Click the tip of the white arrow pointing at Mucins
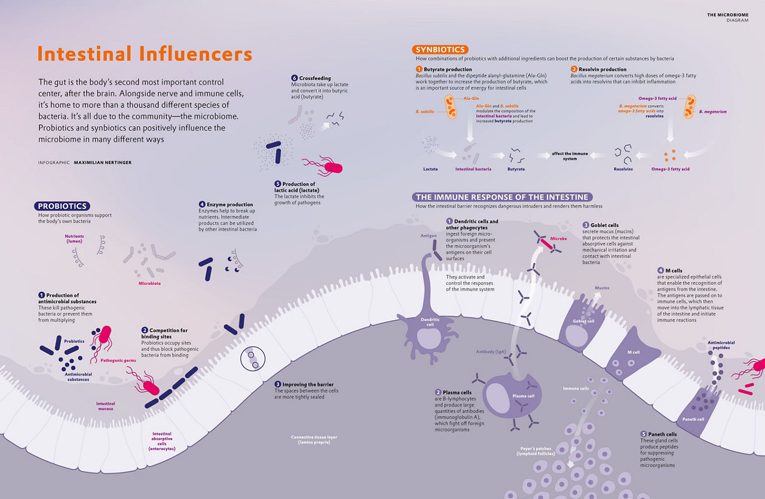(599, 293)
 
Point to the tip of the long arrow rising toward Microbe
(542, 247)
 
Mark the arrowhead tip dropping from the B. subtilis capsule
(470, 142)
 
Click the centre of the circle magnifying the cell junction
(253, 359)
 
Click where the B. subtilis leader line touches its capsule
(446, 112)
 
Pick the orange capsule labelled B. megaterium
(690, 106)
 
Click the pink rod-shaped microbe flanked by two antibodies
(546, 244)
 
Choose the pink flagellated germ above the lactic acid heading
(323, 166)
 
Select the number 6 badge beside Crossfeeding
(295, 78)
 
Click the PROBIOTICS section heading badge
(62, 206)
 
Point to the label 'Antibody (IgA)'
(491, 352)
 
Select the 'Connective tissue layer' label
(314, 440)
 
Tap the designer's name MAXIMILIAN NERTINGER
(102, 163)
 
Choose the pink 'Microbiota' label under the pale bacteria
(149, 283)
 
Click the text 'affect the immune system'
(570, 156)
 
